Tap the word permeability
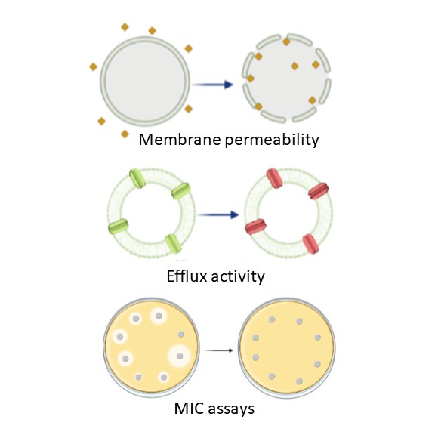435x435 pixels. (x=272, y=140)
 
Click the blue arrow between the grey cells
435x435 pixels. (x=213, y=85)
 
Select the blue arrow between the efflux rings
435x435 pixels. (x=218, y=214)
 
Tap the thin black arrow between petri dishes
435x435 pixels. (x=218, y=350)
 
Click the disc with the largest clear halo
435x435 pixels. (x=180, y=356)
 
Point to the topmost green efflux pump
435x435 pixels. (x=137, y=178)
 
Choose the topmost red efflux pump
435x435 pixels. (x=274, y=178)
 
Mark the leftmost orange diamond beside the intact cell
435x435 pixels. (x=94, y=67)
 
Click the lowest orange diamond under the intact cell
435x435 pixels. (x=125, y=134)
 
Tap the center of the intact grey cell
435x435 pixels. (x=145, y=82)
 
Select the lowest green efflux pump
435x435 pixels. (x=173, y=244)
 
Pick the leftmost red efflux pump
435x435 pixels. (x=255, y=227)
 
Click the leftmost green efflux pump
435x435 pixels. (x=118, y=227)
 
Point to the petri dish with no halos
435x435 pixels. (x=287, y=348)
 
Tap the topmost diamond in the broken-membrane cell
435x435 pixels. (x=286, y=42)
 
